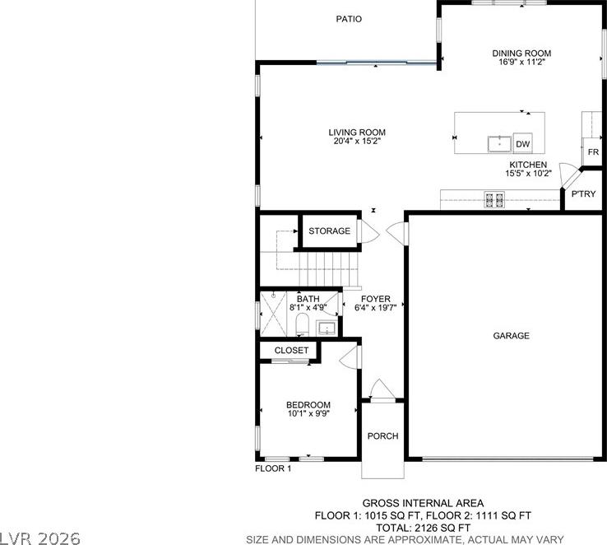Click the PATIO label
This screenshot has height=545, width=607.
tap(349, 19)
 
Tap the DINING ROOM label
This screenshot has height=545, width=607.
tap(521, 53)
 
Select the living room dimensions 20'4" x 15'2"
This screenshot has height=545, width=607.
tap(357, 141)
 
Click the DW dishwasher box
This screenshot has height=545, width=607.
tap(522, 144)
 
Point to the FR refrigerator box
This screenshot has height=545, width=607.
tap(593, 151)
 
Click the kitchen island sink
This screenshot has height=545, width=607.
tap(499, 144)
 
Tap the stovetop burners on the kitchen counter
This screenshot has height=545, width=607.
tap(494, 199)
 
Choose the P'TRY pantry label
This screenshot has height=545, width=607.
tap(583, 193)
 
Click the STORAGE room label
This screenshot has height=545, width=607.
tap(330, 231)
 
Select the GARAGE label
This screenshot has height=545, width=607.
tap(511, 335)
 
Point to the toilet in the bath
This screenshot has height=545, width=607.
tap(302, 324)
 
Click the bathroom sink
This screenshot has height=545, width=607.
tap(327, 328)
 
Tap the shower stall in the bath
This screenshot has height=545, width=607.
tap(273, 314)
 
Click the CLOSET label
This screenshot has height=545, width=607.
tap(291, 350)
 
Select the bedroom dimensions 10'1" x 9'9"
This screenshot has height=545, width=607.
tap(308, 413)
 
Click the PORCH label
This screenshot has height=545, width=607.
tap(382, 436)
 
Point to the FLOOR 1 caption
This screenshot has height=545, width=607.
tap(273, 468)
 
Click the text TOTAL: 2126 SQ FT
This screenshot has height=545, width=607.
tap(423, 528)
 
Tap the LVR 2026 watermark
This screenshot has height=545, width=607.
tap(40, 538)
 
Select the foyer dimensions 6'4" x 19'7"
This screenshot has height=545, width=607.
tap(376, 308)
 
